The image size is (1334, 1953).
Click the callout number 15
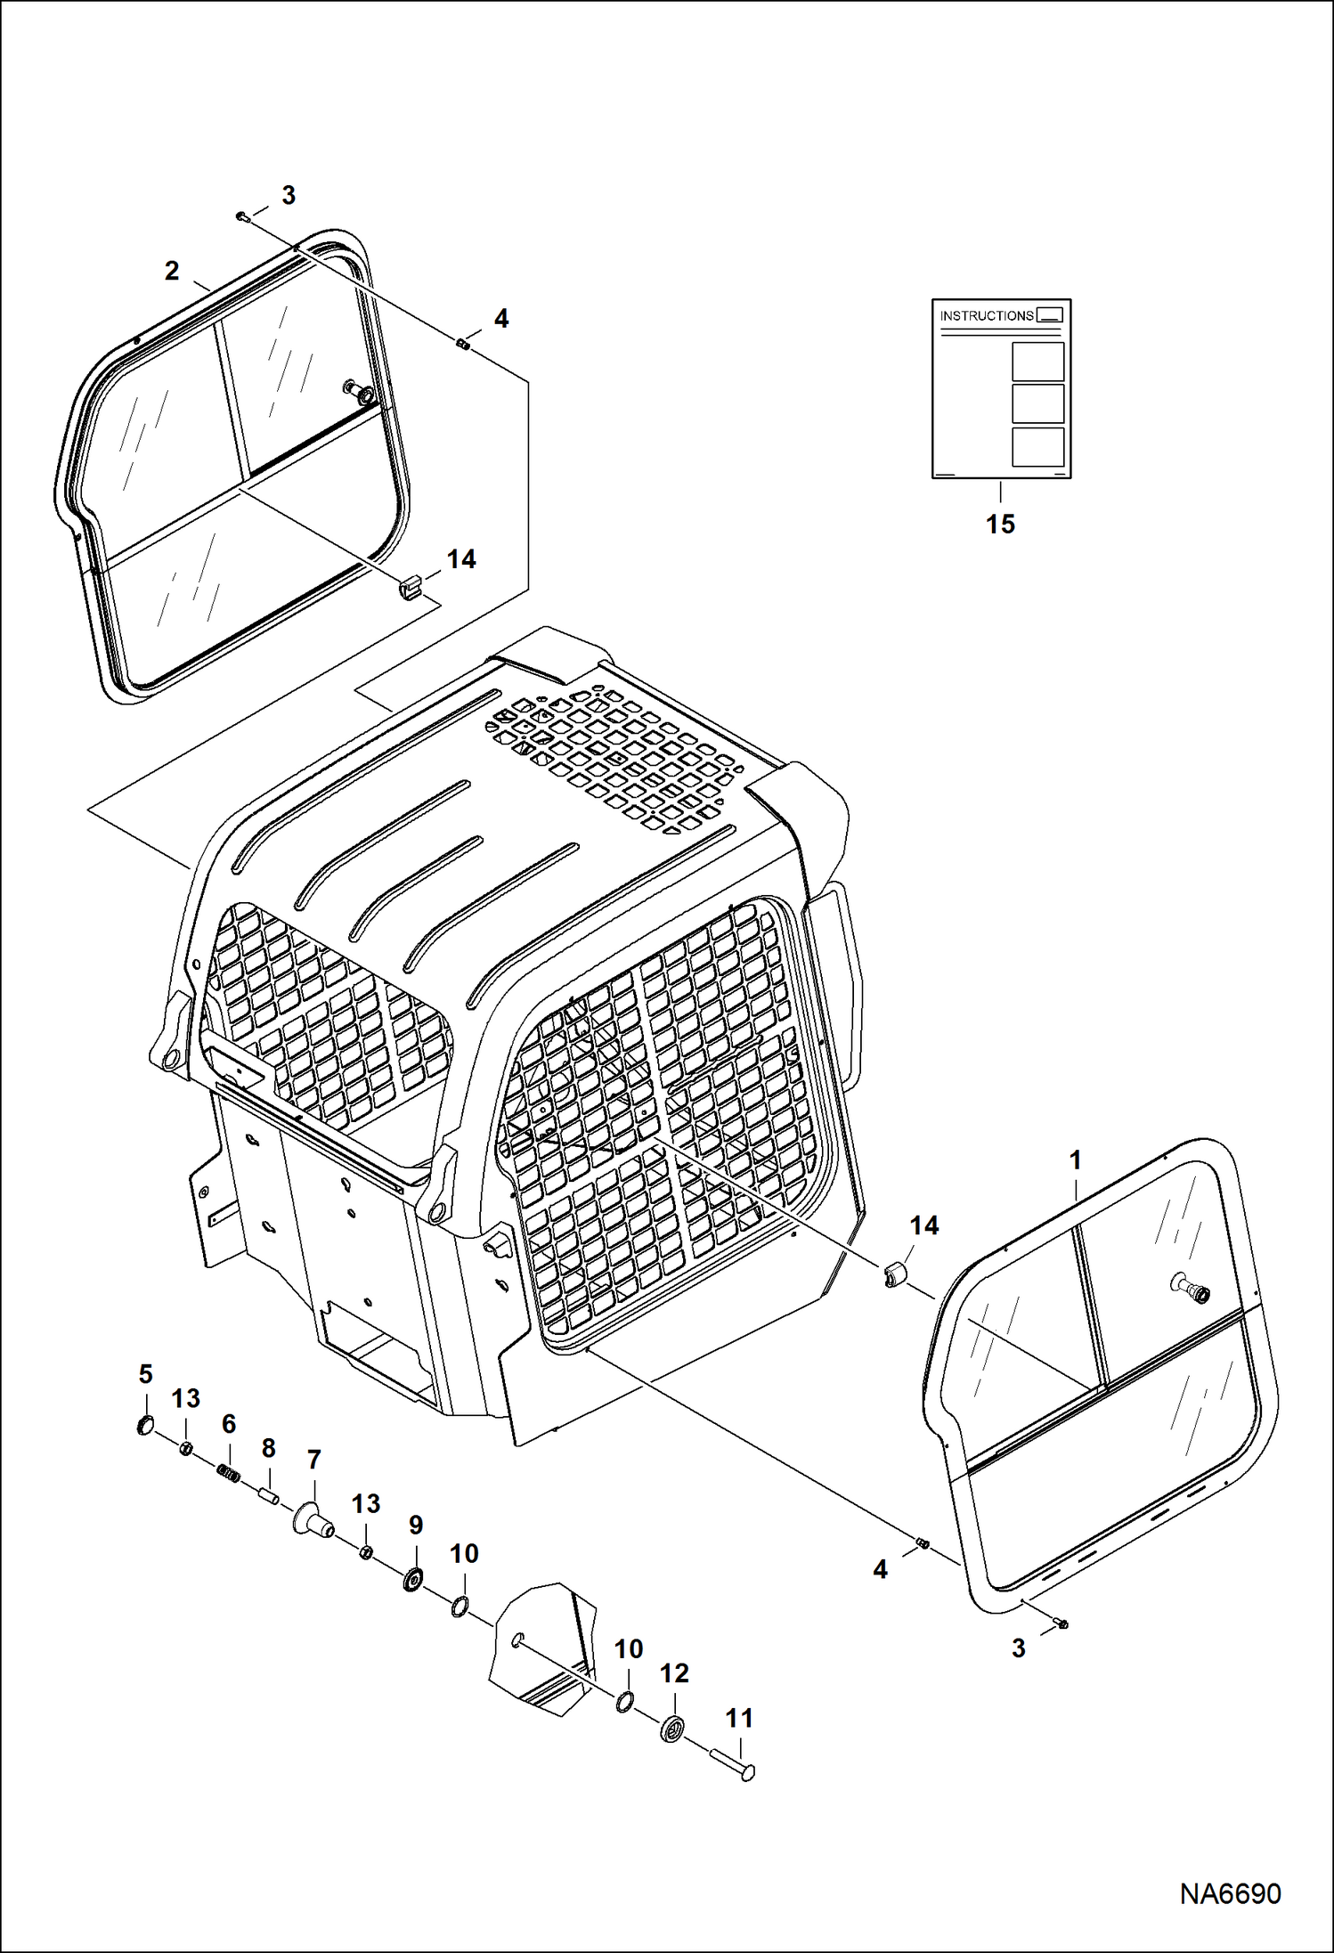1000,524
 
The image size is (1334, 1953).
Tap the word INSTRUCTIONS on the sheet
987,315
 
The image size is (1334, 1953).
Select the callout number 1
1075,1160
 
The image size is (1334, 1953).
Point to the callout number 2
172,271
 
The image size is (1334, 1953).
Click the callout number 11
739,1718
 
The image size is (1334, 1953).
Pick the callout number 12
674,1673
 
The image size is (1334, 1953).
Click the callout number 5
146,1374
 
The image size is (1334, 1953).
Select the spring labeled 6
230,1476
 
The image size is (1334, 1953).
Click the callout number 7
313,1460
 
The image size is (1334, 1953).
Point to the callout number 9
416,1525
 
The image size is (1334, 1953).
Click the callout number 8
269,1449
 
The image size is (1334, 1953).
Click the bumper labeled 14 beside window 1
896,1275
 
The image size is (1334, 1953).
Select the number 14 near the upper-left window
461,559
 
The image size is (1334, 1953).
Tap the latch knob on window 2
360,391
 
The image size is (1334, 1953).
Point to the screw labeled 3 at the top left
241,216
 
